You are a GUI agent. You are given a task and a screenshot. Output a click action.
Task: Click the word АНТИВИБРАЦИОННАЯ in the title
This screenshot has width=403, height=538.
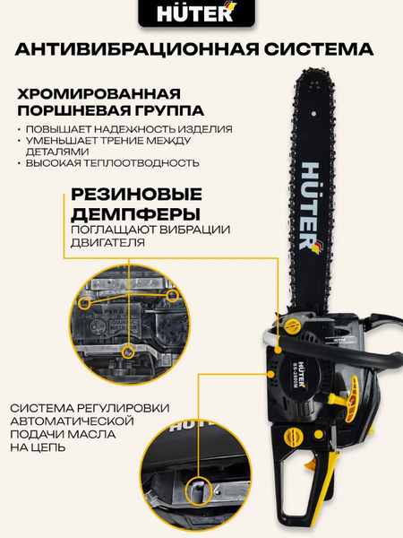pyautogui.click(x=137, y=49)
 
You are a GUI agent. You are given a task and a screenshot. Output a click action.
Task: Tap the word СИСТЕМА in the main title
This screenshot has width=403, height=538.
pyautogui.click(x=319, y=49)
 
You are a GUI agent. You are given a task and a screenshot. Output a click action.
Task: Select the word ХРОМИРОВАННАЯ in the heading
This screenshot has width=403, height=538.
pyautogui.click(x=99, y=93)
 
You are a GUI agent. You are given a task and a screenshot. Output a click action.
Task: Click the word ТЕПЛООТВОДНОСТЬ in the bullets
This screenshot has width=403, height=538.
pyautogui.click(x=141, y=162)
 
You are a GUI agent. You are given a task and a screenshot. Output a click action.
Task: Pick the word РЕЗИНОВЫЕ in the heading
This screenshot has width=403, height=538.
pyautogui.click(x=136, y=195)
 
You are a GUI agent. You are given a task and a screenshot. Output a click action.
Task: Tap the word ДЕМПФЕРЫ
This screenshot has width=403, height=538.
pyautogui.click(x=136, y=214)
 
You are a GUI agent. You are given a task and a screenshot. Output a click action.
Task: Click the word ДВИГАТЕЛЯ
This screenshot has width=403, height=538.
pyautogui.click(x=107, y=243)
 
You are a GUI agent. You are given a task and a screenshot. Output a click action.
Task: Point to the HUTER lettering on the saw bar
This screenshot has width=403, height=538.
pyautogui.click(x=311, y=206)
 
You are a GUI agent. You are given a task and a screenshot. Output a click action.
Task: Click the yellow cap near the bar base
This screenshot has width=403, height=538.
pyautogui.click(x=292, y=325)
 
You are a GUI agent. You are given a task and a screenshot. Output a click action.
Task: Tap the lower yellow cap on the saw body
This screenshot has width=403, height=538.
pyautogui.click(x=294, y=437)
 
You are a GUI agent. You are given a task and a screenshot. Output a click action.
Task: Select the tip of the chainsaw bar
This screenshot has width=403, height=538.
pyautogui.click(x=313, y=70)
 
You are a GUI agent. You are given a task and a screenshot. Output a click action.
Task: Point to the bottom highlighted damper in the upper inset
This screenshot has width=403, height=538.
pyautogui.click(x=129, y=352)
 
